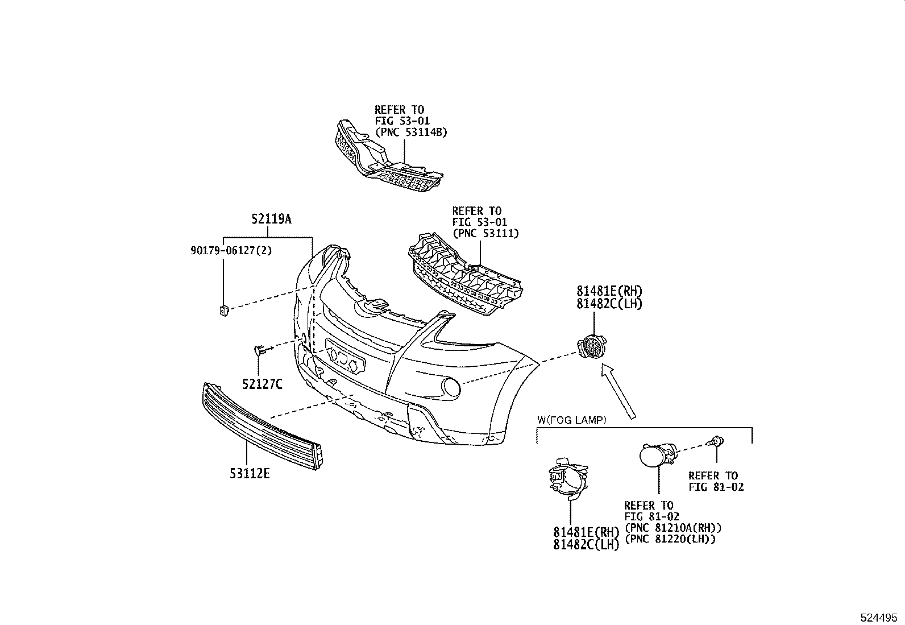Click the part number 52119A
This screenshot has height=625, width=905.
coord(271,219)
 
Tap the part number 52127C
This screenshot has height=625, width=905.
coord(262,384)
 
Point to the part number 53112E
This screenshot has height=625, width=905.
coord(250,473)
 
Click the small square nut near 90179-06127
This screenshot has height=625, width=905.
coord(224,311)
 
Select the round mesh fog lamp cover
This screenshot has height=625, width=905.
coord(591,347)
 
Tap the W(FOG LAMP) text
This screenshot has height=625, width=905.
coord(572,420)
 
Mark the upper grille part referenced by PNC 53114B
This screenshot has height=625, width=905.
coord(387,156)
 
